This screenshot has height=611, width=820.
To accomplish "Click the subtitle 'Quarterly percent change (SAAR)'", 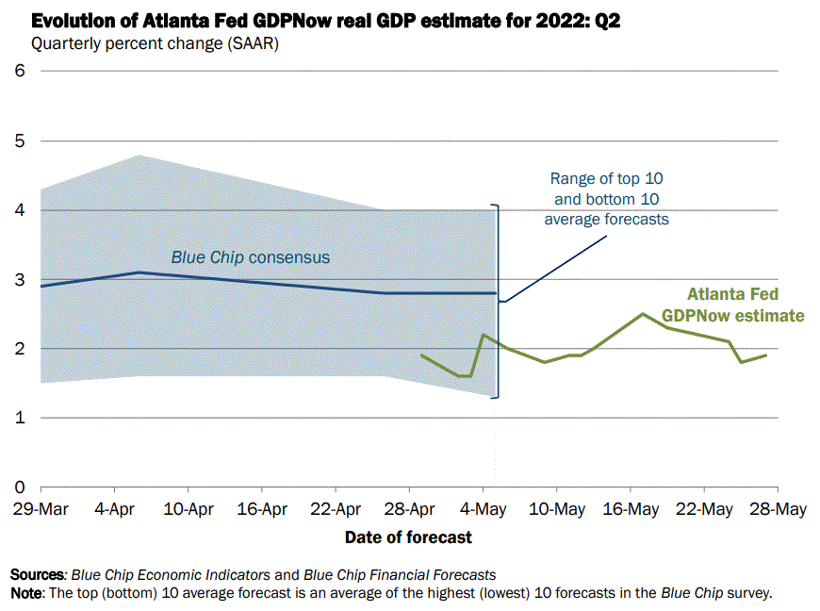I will (x=156, y=42).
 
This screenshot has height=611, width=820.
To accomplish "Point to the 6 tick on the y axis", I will (x=19, y=71).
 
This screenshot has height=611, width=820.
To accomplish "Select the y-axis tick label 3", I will (x=19, y=279).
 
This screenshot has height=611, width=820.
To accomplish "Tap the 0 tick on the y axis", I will (x=19, y=487).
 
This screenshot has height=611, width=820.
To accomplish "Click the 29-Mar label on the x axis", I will (x=41, y=509).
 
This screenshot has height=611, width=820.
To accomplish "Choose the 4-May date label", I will (x=483, y=509).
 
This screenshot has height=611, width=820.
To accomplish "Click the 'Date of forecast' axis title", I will (x=408, y=537).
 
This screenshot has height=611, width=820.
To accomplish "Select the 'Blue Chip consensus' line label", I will (x=250, y=256).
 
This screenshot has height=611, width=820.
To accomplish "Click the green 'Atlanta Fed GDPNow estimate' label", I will (x=732, y=305).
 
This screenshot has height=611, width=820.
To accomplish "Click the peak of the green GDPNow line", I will (x=642, y=314).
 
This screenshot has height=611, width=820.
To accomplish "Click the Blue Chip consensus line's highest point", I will (x=139, y=272).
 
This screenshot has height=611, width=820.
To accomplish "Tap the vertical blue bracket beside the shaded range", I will (x=499, y=302).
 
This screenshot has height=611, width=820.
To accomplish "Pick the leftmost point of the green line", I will (x=421, y=355).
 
